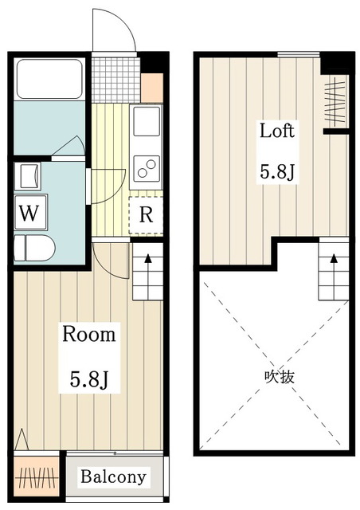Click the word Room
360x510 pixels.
[88, 334]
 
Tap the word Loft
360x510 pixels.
[277, 131]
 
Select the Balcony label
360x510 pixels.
[114, 477]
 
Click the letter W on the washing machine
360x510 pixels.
[29, 213]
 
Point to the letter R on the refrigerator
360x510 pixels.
[146, 214]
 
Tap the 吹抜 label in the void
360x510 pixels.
[280, 377]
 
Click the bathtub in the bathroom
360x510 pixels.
[49, 78]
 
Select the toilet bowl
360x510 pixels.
[34, 249]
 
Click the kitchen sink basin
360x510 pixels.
[147, 121]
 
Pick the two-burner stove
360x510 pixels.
[147, 168]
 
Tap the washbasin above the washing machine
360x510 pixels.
[30, 176]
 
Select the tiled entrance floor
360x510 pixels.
[115, 80]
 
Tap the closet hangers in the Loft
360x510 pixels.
[335, 102]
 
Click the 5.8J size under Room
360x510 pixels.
[88, 379]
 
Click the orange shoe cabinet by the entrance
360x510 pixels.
[152, 88]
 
